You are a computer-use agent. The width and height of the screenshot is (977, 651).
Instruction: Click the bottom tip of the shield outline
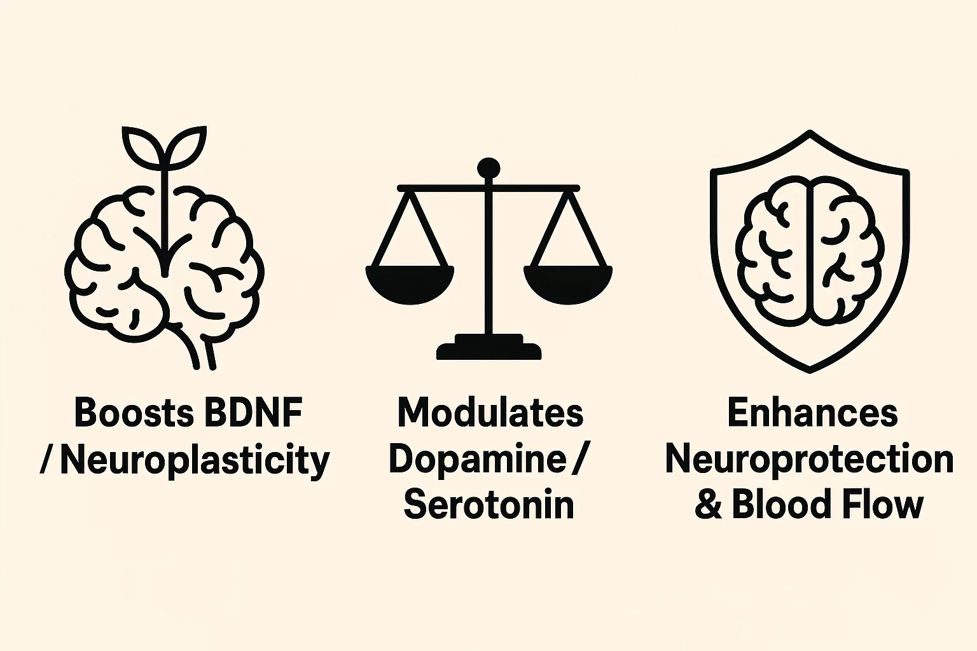coord(810,372)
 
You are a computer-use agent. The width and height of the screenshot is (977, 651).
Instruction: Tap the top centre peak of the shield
coord(810,131)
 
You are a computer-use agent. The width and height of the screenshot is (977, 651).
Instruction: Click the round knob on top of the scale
coord(488,168)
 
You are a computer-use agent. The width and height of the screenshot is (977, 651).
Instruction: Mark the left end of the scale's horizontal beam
coord(398,188)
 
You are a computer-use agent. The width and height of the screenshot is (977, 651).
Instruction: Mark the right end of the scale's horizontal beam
coord(579,188)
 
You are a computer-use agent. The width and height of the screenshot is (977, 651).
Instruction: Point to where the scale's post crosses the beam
coord(488,188)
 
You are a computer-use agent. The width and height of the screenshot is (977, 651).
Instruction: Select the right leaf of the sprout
coord(186,146)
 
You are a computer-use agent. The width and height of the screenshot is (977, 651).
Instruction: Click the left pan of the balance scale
coord(410,284)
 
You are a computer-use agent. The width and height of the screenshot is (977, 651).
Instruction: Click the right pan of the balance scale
coord(568,284)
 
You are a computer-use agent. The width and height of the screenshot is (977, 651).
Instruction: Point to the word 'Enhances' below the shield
coord(812,413)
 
